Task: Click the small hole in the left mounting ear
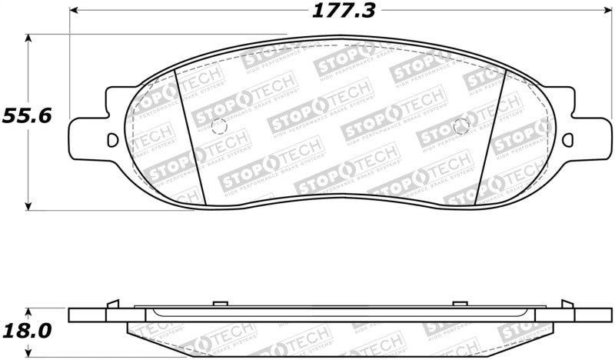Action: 112,140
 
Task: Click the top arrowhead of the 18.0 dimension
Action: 29,312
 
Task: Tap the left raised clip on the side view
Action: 113,303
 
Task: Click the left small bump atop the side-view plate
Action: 217,304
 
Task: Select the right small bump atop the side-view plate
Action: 459,304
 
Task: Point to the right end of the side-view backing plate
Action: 597,315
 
